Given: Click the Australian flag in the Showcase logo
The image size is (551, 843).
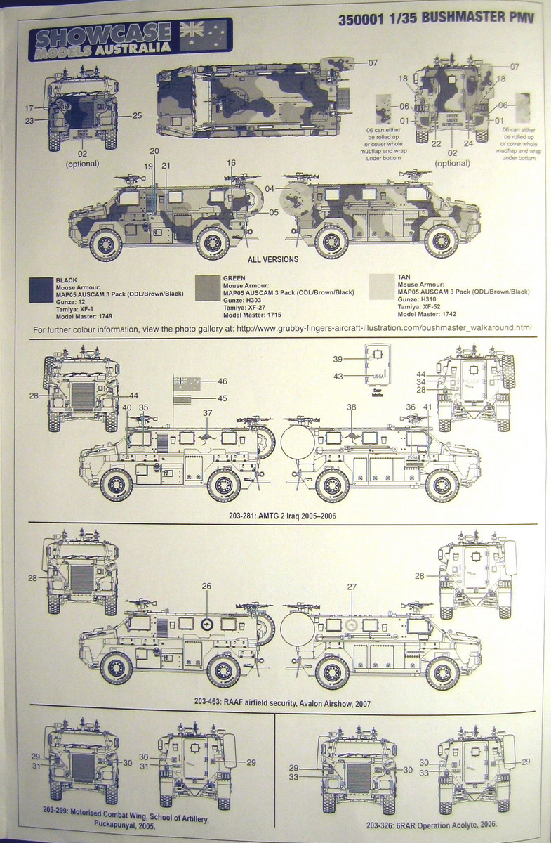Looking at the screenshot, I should tap(204, 34).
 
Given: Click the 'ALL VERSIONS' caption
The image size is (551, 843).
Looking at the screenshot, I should tap(272, 259).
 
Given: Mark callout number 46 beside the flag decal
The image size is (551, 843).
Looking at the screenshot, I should tap(222, 381).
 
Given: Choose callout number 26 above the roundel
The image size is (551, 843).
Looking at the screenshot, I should tap(206, 585).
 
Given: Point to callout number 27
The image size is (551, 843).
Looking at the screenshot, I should tap(352, 587).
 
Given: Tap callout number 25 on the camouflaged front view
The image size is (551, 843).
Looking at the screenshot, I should tap(137, 115).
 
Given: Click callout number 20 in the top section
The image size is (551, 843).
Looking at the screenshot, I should tap(154, 151).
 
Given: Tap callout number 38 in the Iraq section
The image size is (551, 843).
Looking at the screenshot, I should tap(352, 407).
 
